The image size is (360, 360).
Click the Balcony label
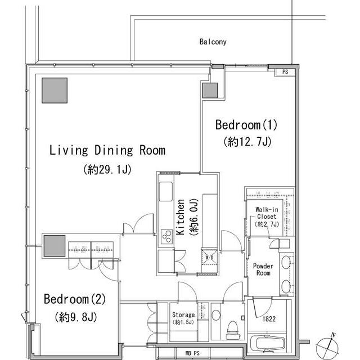coord(213,42)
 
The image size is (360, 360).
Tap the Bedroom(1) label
coord(246,125)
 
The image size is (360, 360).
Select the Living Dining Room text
coord(107,150)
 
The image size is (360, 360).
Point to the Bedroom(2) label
coord(75,299)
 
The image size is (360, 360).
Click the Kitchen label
coord(180,217)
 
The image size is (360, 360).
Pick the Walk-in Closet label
coord(267,213)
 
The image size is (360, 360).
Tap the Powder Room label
coord(263,269)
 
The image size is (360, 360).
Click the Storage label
coord(183,314)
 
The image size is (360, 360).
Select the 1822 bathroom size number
coord(269,319)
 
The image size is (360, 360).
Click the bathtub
coord(267,344)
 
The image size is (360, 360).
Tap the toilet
coord(232,330)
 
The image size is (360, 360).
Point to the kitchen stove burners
coord(166,236)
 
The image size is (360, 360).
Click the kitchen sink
coord(166,191)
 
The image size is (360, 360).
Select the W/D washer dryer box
coord(209,258)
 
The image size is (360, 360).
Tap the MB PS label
coord(192,353)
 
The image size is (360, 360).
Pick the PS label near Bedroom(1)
coord(285,72)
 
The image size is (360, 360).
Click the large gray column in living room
coord(55,91)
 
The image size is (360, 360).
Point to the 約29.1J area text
coord(107,169)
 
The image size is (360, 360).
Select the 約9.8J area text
coord(76,317)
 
